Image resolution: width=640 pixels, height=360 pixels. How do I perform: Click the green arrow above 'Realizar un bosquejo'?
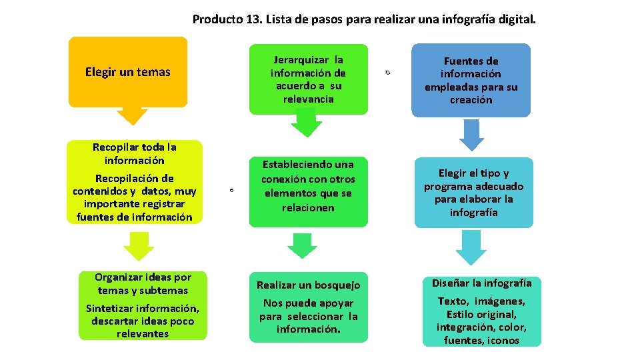[303, 246]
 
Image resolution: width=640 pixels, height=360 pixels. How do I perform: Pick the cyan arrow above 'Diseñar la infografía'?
[473, 249]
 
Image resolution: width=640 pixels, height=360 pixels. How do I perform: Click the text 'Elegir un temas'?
[128, 72]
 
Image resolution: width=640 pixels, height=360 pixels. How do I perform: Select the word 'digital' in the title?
[514, 19]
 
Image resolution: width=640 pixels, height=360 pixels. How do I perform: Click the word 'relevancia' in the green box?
[308, 99]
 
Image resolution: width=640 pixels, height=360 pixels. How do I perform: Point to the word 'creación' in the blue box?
[471, 100]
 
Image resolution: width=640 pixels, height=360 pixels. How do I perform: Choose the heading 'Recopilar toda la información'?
[134, 153]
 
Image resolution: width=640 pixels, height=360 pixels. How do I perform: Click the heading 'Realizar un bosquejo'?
[308, 285]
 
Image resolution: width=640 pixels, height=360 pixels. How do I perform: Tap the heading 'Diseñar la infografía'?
[481, 283]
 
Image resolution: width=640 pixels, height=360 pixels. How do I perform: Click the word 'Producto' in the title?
[217, 19]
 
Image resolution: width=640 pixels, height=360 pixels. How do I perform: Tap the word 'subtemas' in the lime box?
[164, 290]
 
